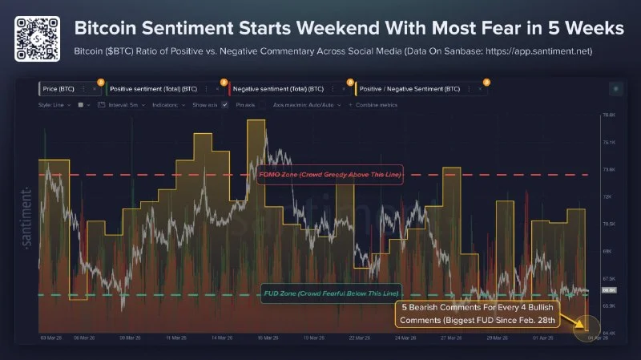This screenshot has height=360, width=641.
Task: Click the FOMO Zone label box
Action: coord(329,175)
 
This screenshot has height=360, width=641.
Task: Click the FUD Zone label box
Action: coord(331,294)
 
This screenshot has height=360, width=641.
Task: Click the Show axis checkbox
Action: coord(225,105)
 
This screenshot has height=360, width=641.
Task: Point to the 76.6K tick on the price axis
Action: coord(607,115)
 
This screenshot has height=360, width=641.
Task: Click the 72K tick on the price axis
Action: coord(607,197)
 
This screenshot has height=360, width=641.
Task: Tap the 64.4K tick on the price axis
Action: coord(607,332)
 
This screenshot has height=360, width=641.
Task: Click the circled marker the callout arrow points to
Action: coord(587,328)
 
